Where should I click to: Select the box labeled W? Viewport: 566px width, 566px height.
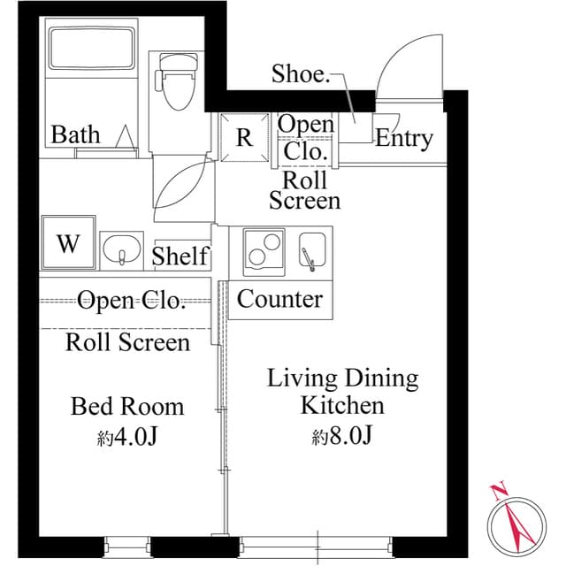(68, 243)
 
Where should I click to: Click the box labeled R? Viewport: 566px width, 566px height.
(243, 138)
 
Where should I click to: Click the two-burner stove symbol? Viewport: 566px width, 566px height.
(263, 249)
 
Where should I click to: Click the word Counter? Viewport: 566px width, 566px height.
(279, 299)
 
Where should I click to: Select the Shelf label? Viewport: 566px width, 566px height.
(180, 256)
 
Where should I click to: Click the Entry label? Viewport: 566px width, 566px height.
(404, 138)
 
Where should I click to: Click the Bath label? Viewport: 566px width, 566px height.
(75, 135)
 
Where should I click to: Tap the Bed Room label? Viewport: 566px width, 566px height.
(127, 406)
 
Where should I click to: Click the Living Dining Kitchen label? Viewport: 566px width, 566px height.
(342, 392)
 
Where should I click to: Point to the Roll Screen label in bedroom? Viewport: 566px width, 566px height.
(127, 342)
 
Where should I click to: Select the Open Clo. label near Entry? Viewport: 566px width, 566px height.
(306, 137)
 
